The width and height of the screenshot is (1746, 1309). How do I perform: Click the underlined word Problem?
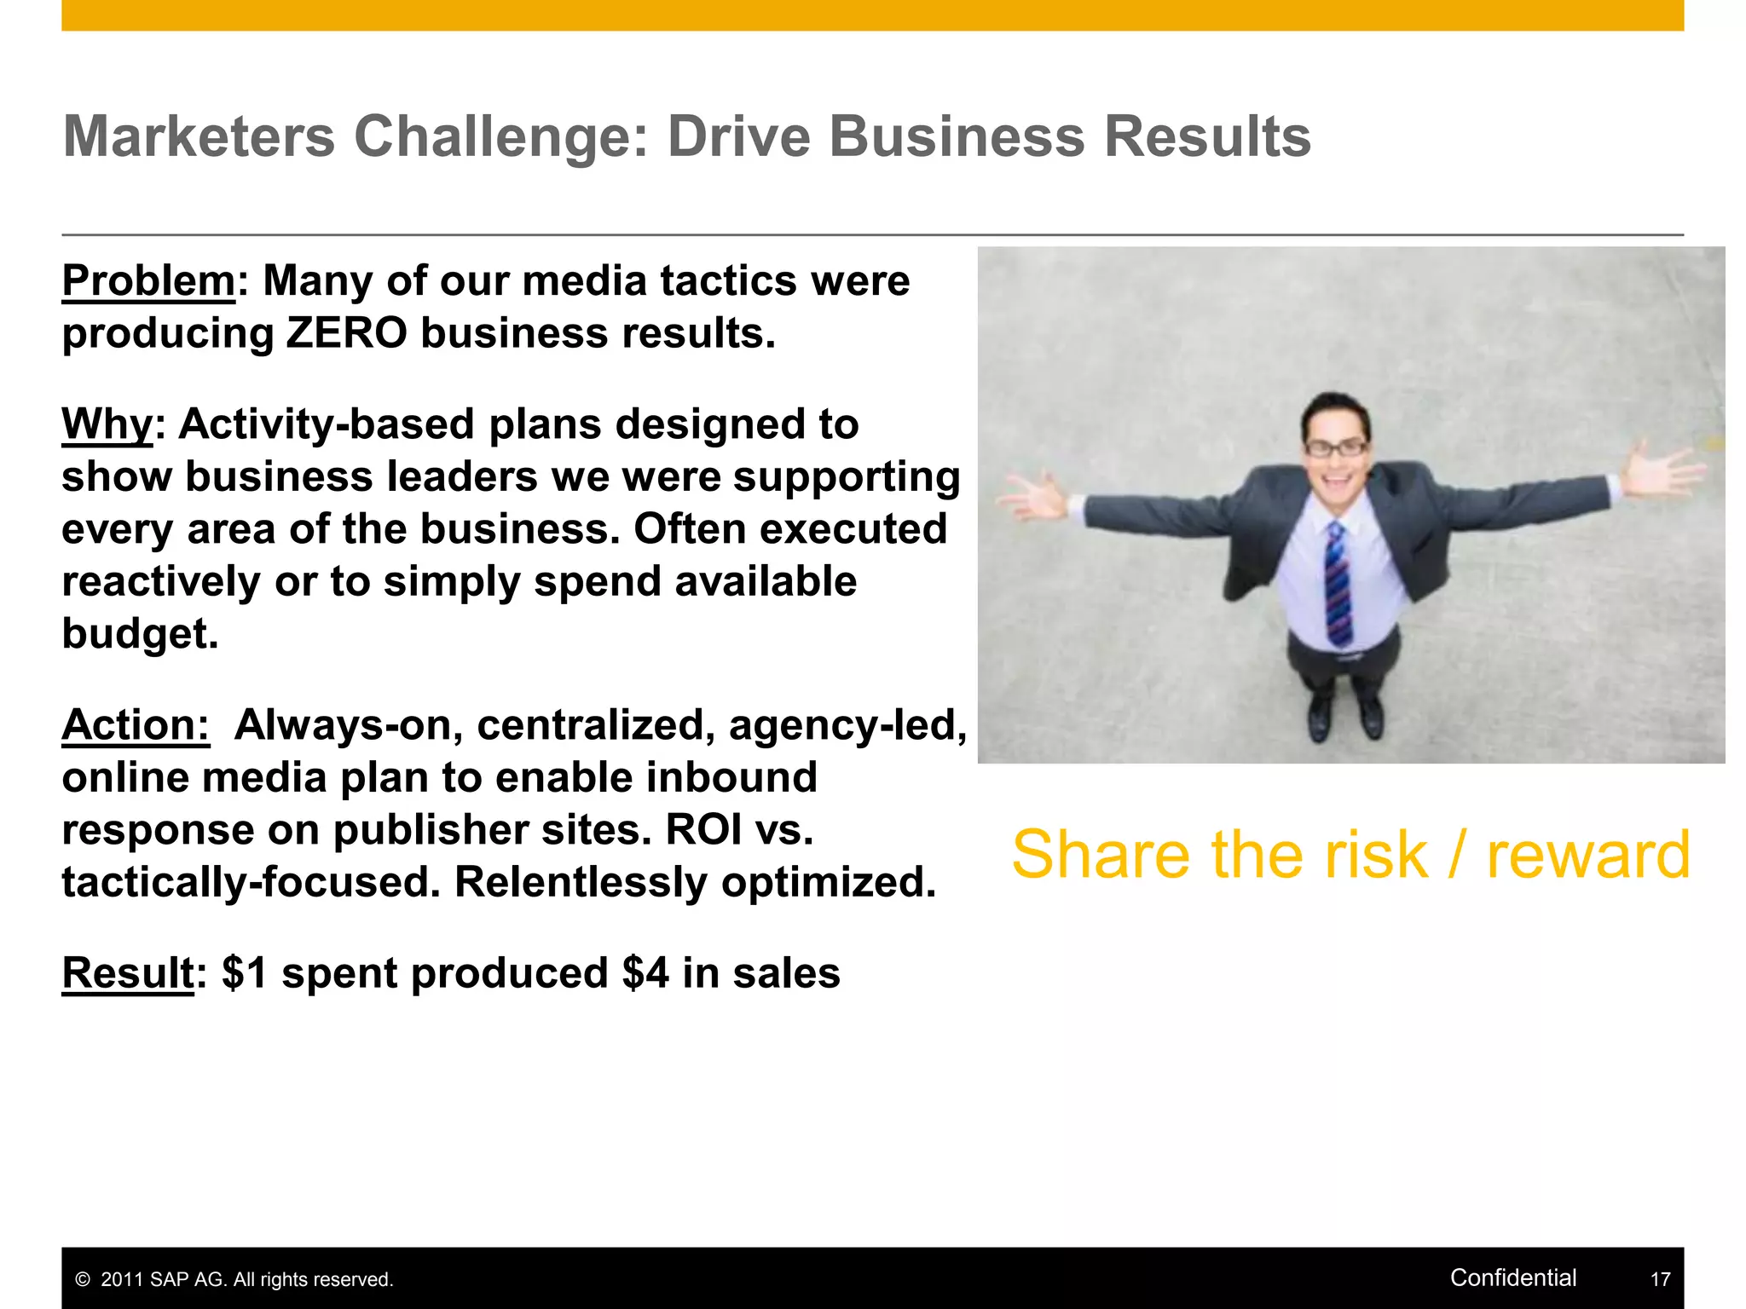click(x=148, y=281)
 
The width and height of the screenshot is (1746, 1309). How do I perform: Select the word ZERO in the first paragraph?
click(x=346, y=333)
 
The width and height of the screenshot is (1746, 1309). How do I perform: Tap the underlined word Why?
click(x=107, y=424)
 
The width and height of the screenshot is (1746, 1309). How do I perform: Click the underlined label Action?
click(x=136, y=725)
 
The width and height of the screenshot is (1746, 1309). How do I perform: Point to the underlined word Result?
click(x=128, y=973)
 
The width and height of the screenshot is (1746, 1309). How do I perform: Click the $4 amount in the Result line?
click(x=645, y=973)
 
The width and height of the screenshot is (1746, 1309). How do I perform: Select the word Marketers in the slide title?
click(x=199, y=137)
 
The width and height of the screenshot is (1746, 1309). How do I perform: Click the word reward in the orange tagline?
click(x=1588, y=855)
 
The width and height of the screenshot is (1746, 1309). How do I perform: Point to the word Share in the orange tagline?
click(x=1101, y=855)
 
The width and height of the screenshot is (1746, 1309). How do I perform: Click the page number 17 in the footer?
click(x=1660, y=1279)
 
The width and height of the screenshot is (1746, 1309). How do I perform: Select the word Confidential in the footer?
click(x=1513, y=1277)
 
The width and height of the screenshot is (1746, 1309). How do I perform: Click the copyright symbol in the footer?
click(x=83, y=1280)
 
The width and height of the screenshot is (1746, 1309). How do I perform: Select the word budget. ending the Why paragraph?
click(x=140, y=634)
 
